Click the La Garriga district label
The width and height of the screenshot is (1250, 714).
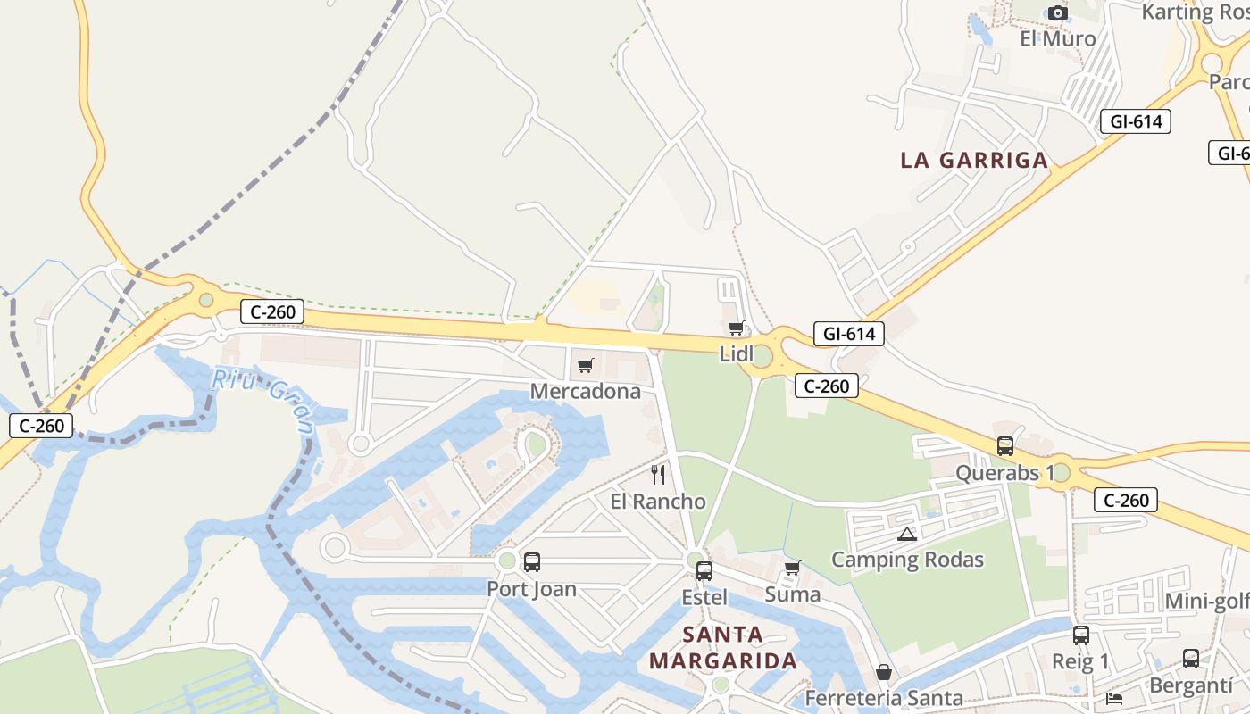[973, 161]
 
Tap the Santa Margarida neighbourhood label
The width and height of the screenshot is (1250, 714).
[722, 648]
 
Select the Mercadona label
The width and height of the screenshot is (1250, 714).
[586, 391]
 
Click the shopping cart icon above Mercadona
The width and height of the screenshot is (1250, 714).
[586, 365]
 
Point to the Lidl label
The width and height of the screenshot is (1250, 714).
[737, 354]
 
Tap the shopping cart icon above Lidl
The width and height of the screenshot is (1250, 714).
[736, 328]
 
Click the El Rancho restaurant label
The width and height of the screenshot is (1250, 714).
[658, 502]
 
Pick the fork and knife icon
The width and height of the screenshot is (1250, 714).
[658, 475]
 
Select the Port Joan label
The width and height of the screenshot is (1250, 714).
[531, 589]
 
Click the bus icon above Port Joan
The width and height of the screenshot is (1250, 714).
[532, 562]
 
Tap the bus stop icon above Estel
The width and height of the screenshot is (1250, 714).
[704, 571]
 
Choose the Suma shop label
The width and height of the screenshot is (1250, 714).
[792, 594]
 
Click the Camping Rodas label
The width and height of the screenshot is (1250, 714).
[907, 560]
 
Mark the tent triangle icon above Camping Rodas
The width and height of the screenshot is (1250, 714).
[907, 535]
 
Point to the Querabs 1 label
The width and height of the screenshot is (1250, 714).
[1004, 472]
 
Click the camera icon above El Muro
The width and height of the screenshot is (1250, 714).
[1058, 12]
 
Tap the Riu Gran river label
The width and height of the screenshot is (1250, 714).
[263, 400]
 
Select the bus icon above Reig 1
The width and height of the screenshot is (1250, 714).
[1081, 635]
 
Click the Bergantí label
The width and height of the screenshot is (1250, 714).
[1190, 685]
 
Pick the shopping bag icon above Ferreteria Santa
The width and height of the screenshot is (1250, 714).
[884, 672]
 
